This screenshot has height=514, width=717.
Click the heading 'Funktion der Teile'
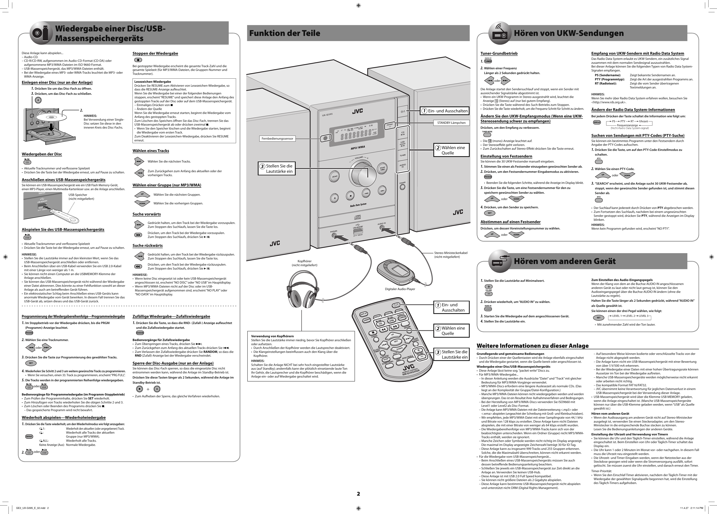pyautogui.click(x=284, y=33)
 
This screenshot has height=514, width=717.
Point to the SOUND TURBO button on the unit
pyautogui.click(x=383, y=169)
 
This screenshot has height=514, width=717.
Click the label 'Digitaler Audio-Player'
pyautogui.click(x=400, y=289)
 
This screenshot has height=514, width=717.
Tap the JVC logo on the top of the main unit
pyautogui.click(x=358, y=111)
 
